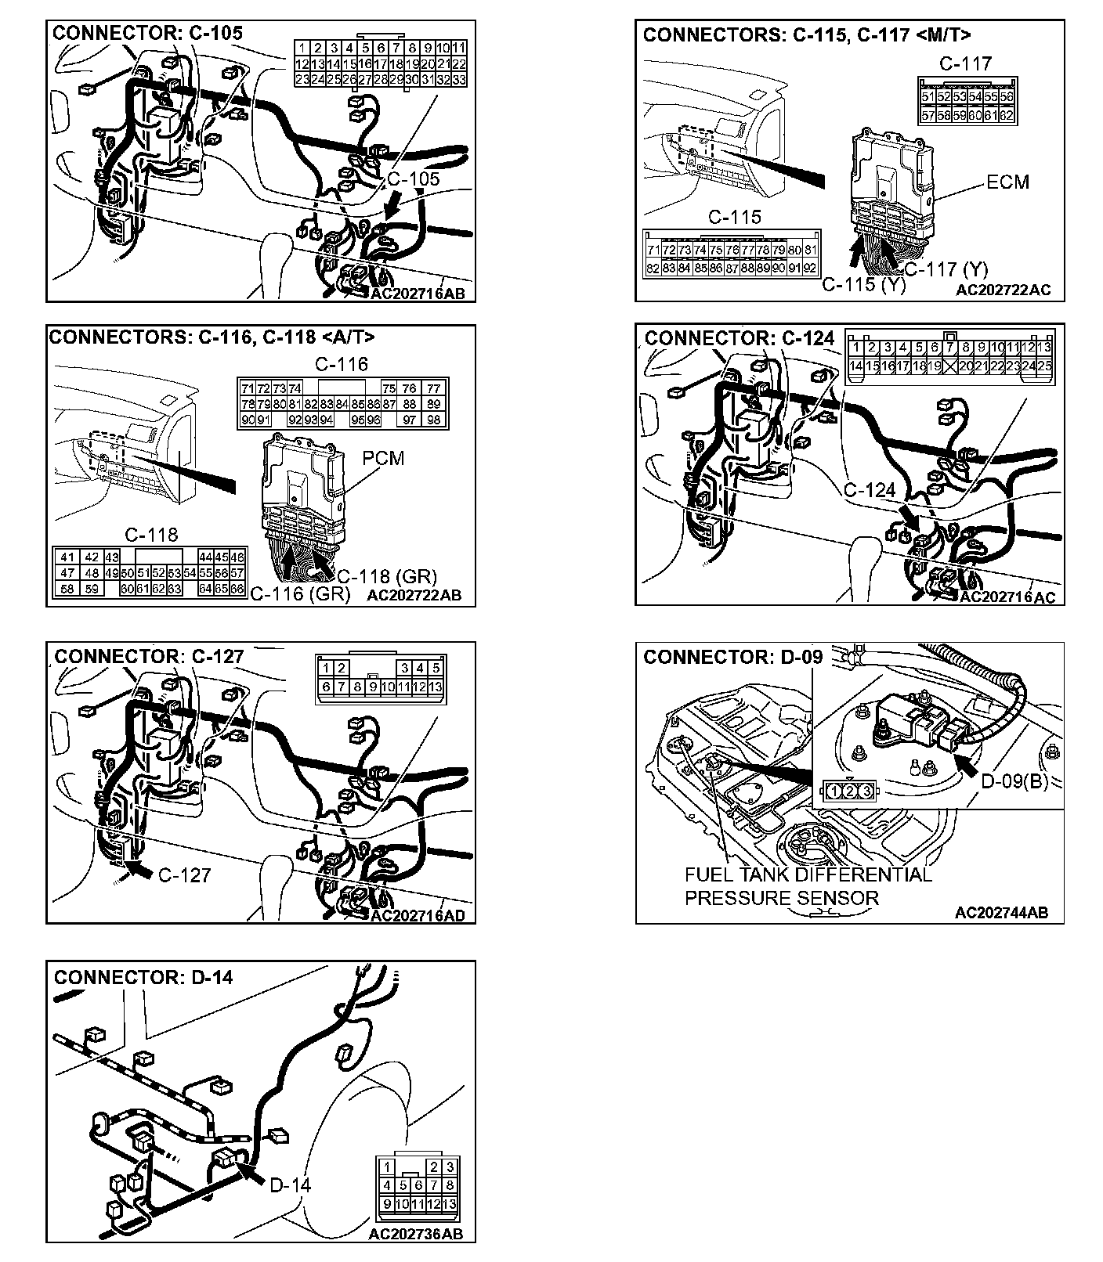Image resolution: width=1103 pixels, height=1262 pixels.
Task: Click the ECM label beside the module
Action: [x=1007, y=182]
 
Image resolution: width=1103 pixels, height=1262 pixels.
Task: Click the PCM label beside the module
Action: [x=383, y=458]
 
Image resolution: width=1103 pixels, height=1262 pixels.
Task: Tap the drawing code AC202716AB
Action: [x=418, y=294]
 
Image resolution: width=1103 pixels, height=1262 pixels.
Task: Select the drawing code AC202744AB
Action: [x=1001, y=912]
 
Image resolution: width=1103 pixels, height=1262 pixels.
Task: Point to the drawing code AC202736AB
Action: [x=415, y=1234]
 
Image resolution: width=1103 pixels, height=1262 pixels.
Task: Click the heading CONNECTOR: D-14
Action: [x=143, y=977]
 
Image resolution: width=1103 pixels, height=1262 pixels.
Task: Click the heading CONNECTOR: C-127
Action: [x=149, y=656]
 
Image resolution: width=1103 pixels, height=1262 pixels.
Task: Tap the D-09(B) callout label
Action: [x=1014, y=781]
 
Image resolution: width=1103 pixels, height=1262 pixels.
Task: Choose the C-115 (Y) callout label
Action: [x=863, y=285]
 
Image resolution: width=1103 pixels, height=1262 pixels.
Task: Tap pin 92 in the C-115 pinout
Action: [x=810, y=268]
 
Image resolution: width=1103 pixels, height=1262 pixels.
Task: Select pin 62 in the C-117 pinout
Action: [x=1007, y=116]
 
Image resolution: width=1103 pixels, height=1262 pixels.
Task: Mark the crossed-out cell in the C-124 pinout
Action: [x=950, y=366]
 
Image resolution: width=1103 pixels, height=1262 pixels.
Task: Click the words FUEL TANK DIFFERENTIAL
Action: [x=808, y=875]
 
